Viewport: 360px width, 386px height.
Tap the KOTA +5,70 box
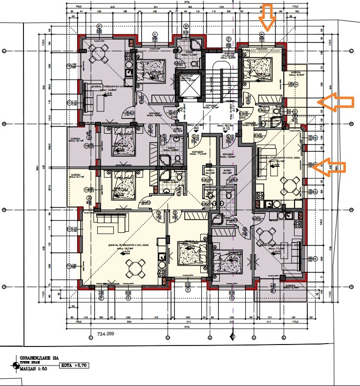80,365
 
